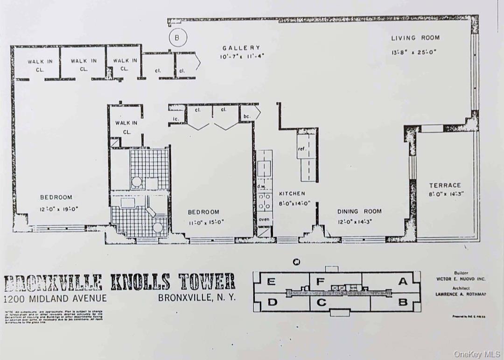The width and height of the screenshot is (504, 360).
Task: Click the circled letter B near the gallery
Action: coord(177,37)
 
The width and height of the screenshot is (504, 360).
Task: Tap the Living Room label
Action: coord(415,38)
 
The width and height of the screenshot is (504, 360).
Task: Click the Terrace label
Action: coord(445,185)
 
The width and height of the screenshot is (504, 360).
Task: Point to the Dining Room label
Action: coord(359,211)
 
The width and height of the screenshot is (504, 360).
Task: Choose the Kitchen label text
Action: coord(292,193)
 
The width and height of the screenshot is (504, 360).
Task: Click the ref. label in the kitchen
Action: coord(301,149)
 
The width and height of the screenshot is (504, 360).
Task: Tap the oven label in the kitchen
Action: coord(264,219)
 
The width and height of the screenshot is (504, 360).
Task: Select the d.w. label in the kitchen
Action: coord(261,186)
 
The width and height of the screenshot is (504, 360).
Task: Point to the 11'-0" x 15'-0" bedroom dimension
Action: coord(203,222)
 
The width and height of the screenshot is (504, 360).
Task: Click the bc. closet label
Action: coord(247,116)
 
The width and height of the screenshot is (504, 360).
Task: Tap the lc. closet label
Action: coord(176,119)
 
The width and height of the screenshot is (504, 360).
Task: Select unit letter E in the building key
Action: coord(271,282)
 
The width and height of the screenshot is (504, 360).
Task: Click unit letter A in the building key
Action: coord(402,281)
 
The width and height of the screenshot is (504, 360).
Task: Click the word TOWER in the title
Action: coord(206,282)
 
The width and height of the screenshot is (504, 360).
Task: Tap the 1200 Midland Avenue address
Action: coord(55,298)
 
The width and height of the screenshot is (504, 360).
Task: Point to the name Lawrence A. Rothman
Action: coord(460,294)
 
